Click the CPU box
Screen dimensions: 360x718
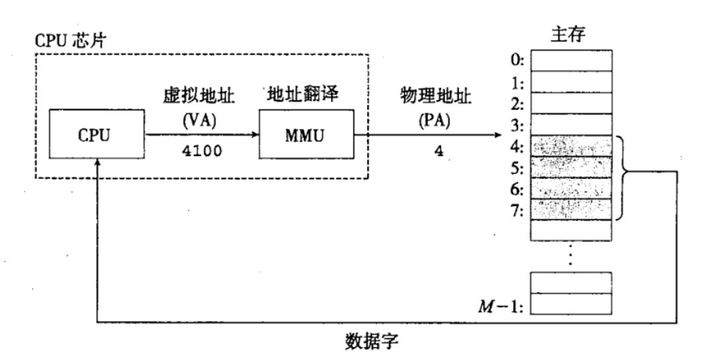[x=98, y=134]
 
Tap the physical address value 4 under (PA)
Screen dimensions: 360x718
[x=438, y=151]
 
